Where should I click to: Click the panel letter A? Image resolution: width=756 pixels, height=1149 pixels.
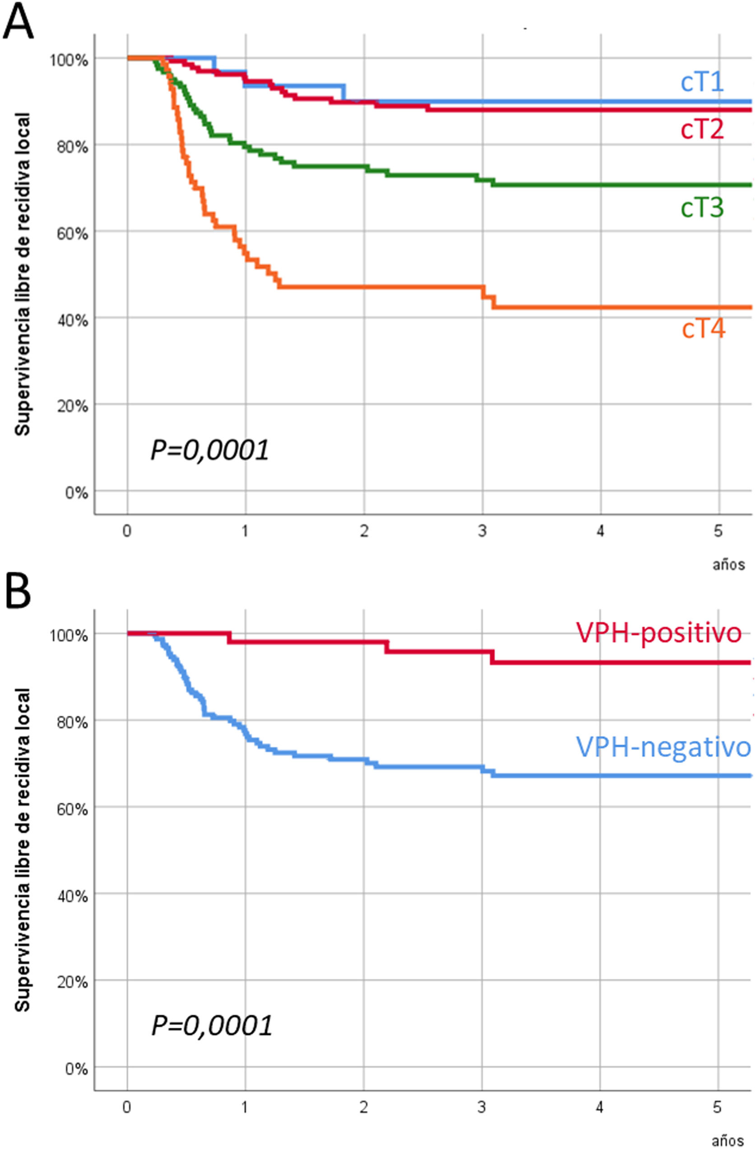coord(18,22)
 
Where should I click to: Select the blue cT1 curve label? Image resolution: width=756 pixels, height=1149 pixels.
coord(702,82)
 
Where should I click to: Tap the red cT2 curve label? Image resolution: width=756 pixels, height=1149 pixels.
coord(702,130)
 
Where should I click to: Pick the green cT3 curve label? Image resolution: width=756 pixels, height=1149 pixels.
coord(702,208)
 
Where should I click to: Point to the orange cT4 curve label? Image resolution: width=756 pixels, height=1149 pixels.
coord(703,329)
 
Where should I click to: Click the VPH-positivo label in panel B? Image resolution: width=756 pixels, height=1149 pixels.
coord(659,632)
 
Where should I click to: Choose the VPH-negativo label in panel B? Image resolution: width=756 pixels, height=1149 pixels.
coord(663,747)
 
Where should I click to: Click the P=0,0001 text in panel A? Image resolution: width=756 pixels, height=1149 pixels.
coord(209,450)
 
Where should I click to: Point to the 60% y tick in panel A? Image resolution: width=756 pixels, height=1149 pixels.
coord(72,234)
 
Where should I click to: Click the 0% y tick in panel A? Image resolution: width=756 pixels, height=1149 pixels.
coord(76,493)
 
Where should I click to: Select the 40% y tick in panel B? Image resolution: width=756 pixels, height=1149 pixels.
coord(72,896)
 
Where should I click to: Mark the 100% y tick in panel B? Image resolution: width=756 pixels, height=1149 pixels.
coord(69,635)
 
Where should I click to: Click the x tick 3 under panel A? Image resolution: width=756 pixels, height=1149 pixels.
coord(482,531)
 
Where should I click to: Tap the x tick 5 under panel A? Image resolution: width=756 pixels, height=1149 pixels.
coord(719,531)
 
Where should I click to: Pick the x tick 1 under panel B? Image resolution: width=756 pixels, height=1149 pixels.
coord(245,1107)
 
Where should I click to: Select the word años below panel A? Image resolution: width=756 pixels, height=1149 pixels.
coord(728,564)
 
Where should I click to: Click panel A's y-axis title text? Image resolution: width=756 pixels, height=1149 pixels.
coord(22,274)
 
